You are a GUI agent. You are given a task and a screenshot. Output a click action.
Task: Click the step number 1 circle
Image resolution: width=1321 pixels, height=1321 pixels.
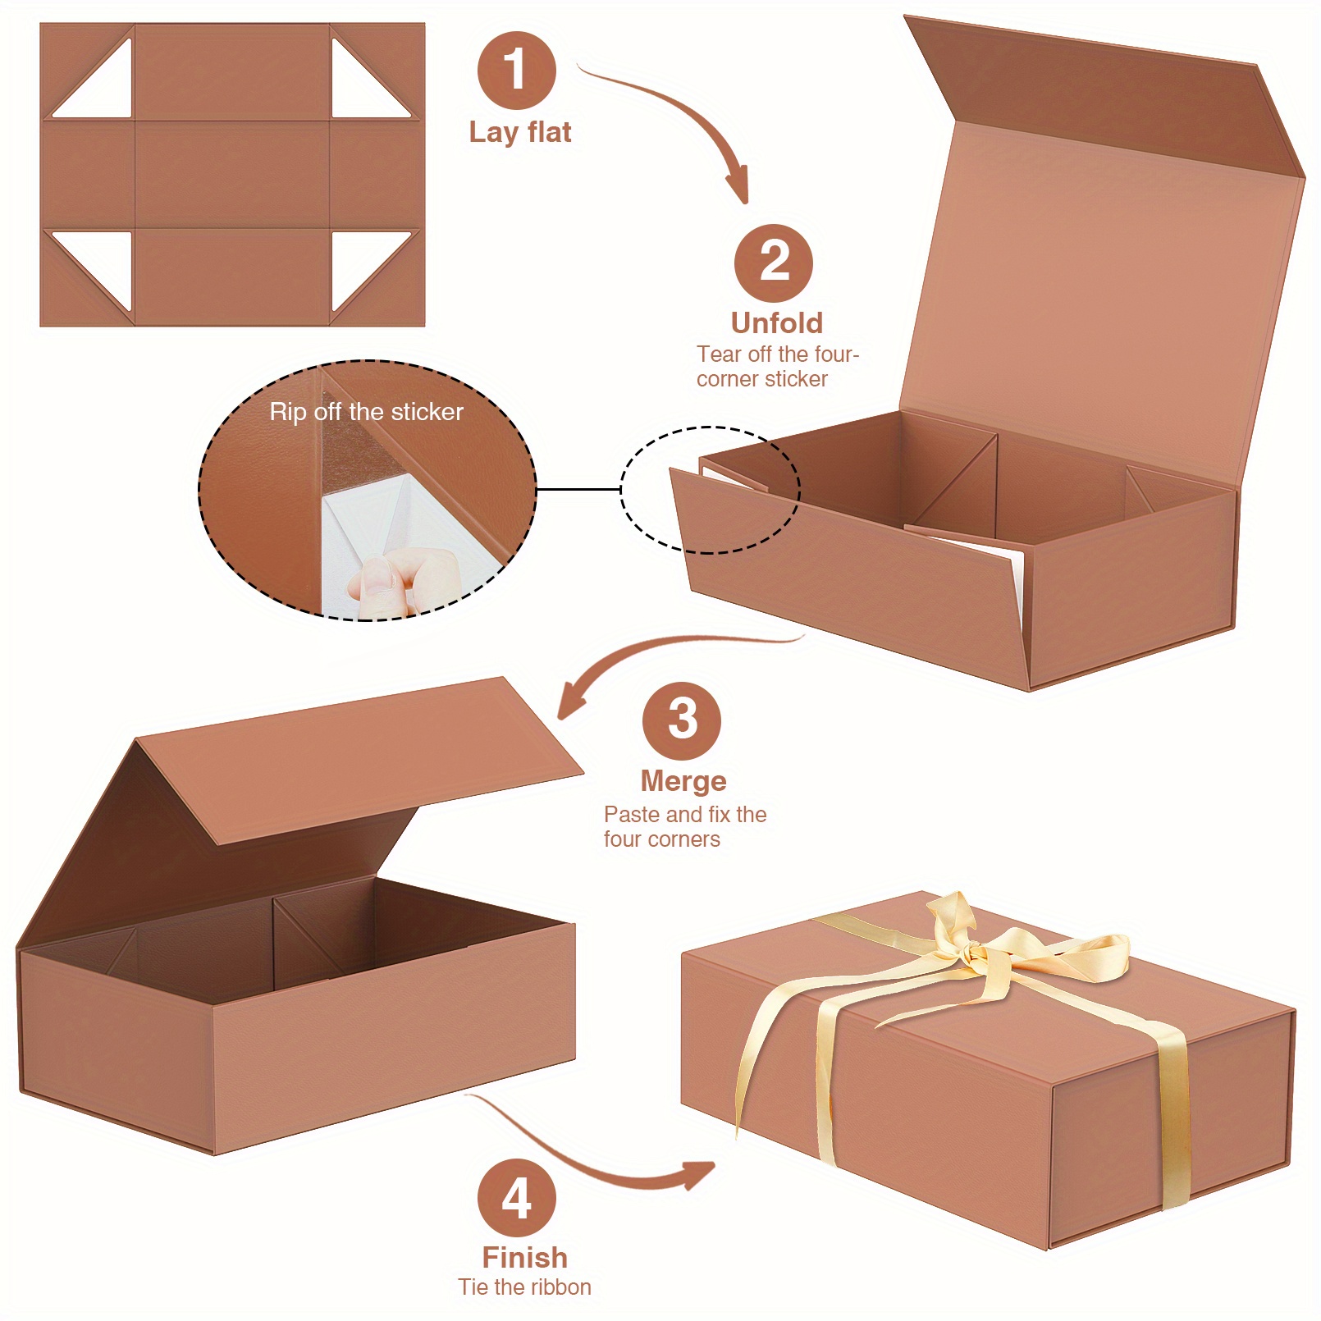click(x=516, y=70)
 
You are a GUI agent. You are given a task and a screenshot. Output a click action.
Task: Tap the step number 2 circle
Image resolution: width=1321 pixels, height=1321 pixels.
click(x=773, y=263)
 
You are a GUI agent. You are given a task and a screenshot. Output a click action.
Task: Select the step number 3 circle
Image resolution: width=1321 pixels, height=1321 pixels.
click(x=681, y=720)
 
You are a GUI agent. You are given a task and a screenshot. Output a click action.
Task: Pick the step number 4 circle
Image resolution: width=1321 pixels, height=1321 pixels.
click(x=516, y=1197)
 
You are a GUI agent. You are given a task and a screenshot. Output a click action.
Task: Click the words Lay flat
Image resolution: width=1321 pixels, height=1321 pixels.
click(x=519, y=132)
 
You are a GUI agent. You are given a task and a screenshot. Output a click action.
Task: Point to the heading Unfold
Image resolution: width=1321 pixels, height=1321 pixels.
click(x=776, y=323)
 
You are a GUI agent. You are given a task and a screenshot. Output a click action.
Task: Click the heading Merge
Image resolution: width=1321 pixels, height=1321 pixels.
click(x=683, y=781)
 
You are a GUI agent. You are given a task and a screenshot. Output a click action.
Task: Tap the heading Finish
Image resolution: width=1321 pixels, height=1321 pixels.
click(x=524, y=1257)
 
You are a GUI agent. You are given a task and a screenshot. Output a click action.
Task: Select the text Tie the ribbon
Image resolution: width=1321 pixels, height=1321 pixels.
click(x=524, y=1287)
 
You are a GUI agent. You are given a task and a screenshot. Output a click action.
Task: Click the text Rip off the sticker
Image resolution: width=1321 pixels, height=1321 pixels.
click(x=366, y=412)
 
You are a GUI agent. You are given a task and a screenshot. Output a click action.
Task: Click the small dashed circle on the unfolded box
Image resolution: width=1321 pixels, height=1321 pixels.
click(x=710, y=490)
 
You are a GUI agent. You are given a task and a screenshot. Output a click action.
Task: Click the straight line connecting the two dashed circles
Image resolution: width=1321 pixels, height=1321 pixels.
click(x=578, y=489)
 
